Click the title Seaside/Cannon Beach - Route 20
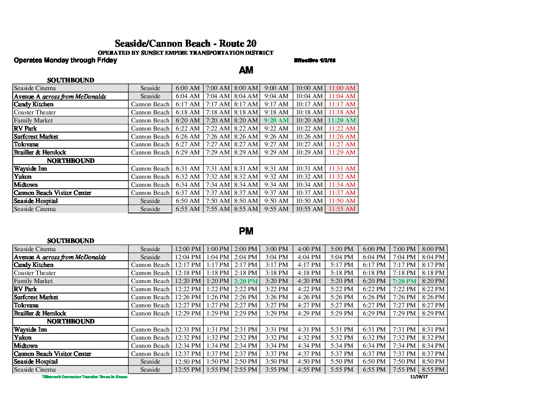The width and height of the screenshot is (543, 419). (185, 44)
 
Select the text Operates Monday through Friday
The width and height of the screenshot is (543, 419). (65, 60)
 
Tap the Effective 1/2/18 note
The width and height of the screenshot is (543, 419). (315, 60)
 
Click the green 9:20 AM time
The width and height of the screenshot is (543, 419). (276, 121)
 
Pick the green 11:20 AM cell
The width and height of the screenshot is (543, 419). (342, 121)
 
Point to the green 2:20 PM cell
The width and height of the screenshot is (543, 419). (246, 282)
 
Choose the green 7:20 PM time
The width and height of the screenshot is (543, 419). (404, 282)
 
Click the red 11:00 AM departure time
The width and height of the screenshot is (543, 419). (342, 88)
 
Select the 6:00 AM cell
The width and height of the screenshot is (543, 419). (188, 88)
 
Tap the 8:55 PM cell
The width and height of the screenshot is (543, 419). (433, 370)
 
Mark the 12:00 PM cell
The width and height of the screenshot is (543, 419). (188, 249)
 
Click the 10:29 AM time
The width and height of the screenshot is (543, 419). (309, 153)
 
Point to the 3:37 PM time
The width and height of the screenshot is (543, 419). (276, 354)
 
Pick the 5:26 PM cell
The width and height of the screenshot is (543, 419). (342, 297)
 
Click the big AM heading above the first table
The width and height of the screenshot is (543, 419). (246, 70)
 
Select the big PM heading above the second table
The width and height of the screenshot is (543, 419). (246, 231)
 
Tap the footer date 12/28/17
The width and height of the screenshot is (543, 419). (419, 377)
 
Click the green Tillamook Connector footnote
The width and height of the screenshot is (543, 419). (84, 377)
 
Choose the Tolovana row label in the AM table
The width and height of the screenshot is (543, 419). (26, 144)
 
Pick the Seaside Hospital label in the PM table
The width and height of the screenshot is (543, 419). (36, 362)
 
